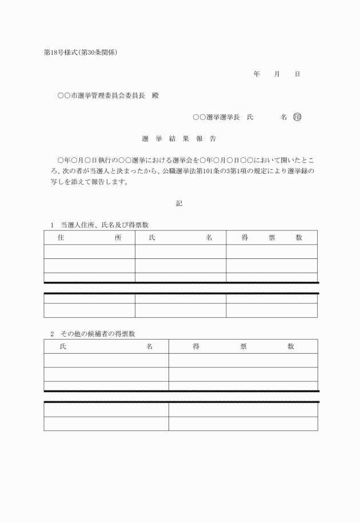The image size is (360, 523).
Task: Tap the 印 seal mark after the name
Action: (296, 117)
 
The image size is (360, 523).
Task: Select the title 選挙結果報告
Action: (178, 139)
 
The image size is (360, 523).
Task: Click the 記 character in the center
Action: (179, 203)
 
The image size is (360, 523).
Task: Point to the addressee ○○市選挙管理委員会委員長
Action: (101, 95)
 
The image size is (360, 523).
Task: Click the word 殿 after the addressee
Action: (155, 95)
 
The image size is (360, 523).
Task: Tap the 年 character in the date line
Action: (257, 74)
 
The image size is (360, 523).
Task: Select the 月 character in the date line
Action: (277, 74)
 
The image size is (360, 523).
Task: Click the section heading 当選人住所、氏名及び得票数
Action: (105, 225)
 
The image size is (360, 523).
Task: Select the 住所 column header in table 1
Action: (89, 238)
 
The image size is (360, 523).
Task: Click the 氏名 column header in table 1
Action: (180, 238)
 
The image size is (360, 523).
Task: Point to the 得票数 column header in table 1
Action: (271, 238)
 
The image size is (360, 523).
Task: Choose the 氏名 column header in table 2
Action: (106, 346)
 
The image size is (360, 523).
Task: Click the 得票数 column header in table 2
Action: (243, 346)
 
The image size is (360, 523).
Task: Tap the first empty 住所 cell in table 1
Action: (89, 251)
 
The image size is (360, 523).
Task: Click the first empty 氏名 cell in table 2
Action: (106, 360)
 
